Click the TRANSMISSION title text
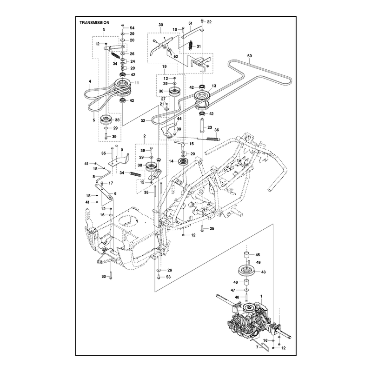pos(94,22)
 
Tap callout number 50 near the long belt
pos(249,56)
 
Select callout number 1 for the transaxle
pos(261,296)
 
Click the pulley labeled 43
pos(247,271)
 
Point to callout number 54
pos(132,28)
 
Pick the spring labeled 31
pos(191,45)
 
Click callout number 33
pos(104,276)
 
